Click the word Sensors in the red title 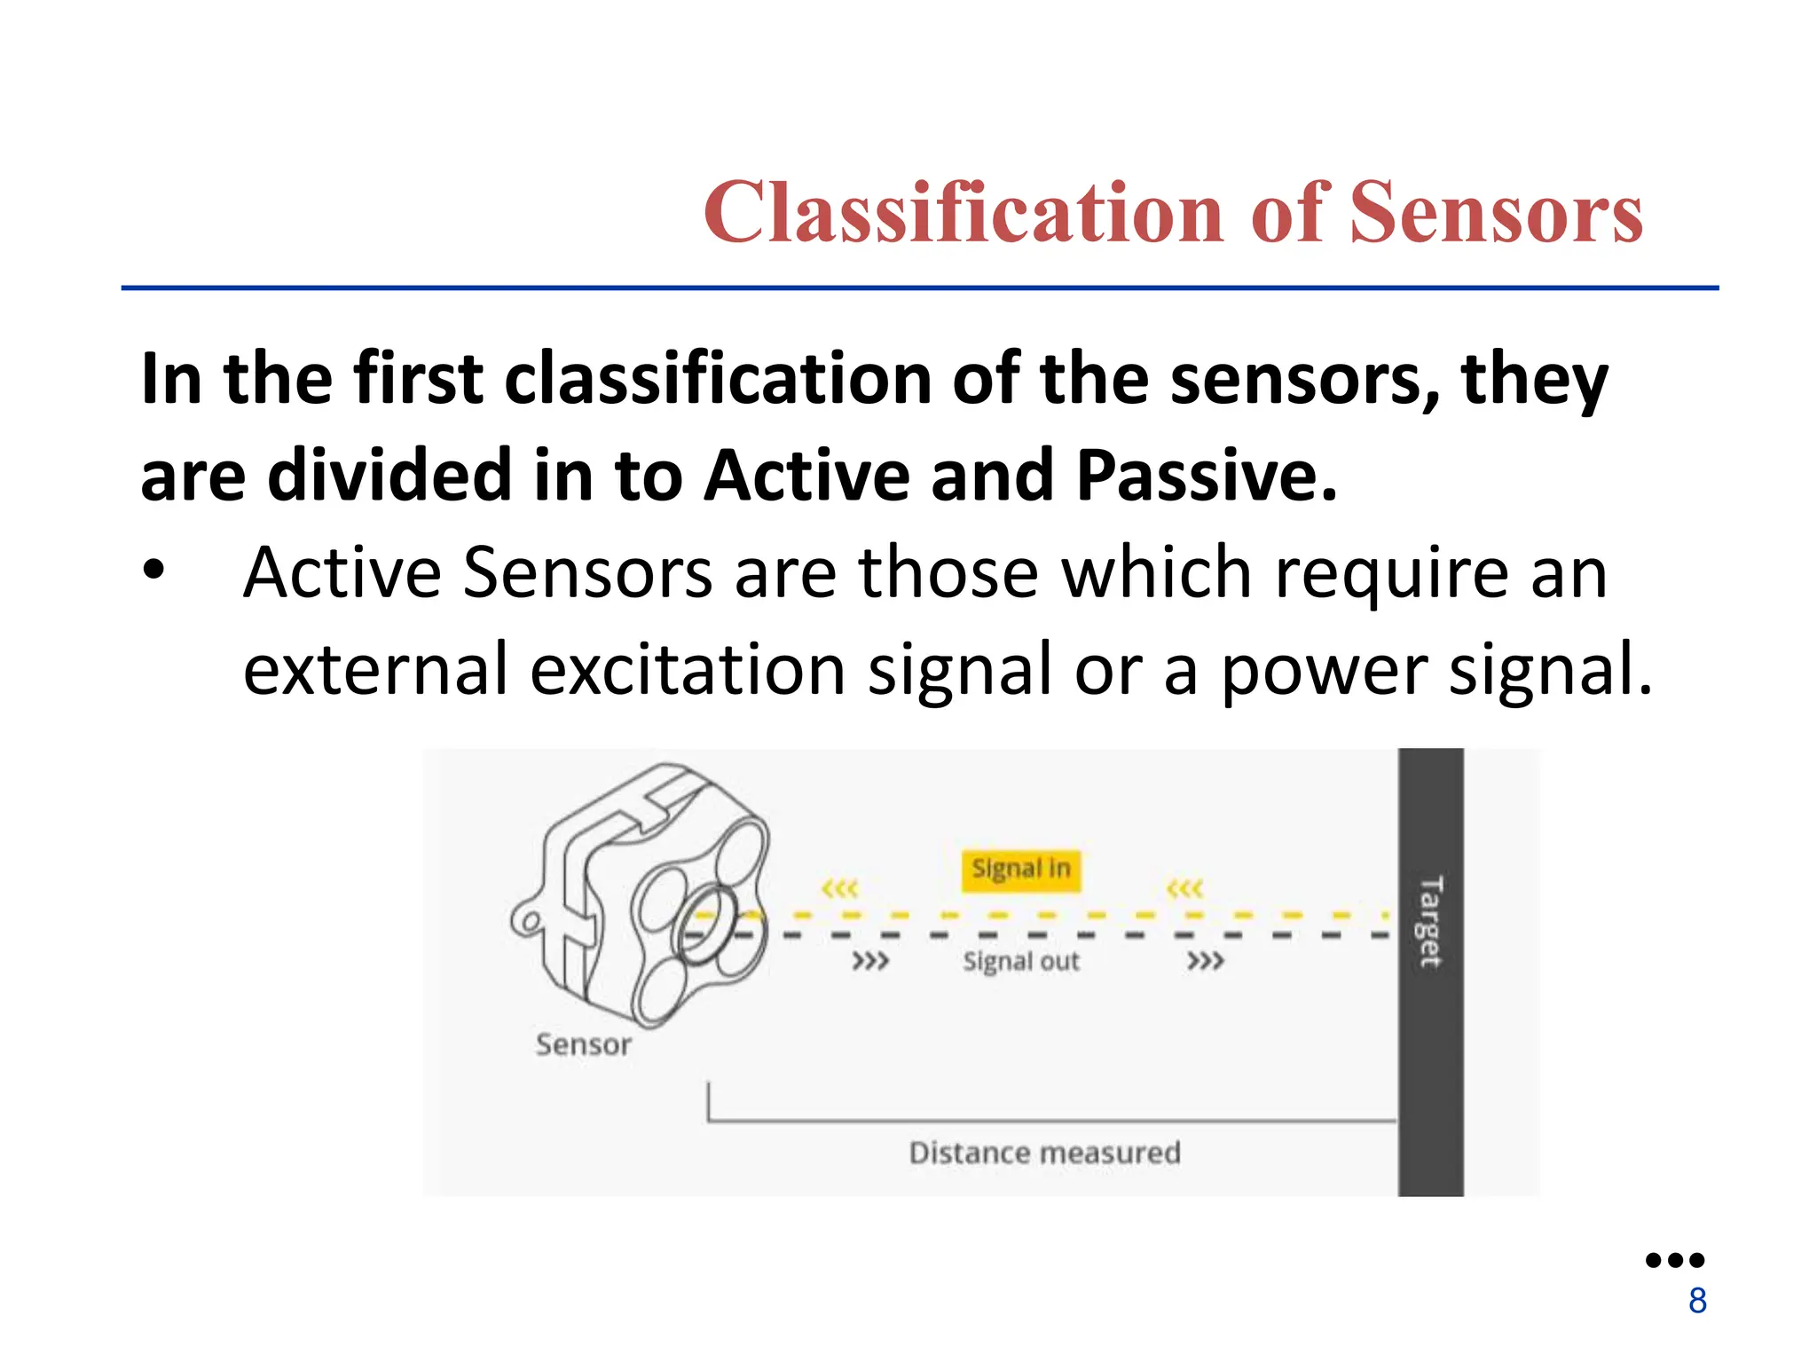1496,213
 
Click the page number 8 1697,1301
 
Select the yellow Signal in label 1020,868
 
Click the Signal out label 1021,961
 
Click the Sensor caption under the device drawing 583,1044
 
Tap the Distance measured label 1044,1153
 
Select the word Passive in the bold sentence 1206,476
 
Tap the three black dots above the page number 1674,1260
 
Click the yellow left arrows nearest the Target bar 1184,888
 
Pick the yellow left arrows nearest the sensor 839,888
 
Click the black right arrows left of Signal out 869,961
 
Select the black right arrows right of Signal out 1205,961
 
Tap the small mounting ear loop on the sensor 529,921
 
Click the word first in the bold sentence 418,380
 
